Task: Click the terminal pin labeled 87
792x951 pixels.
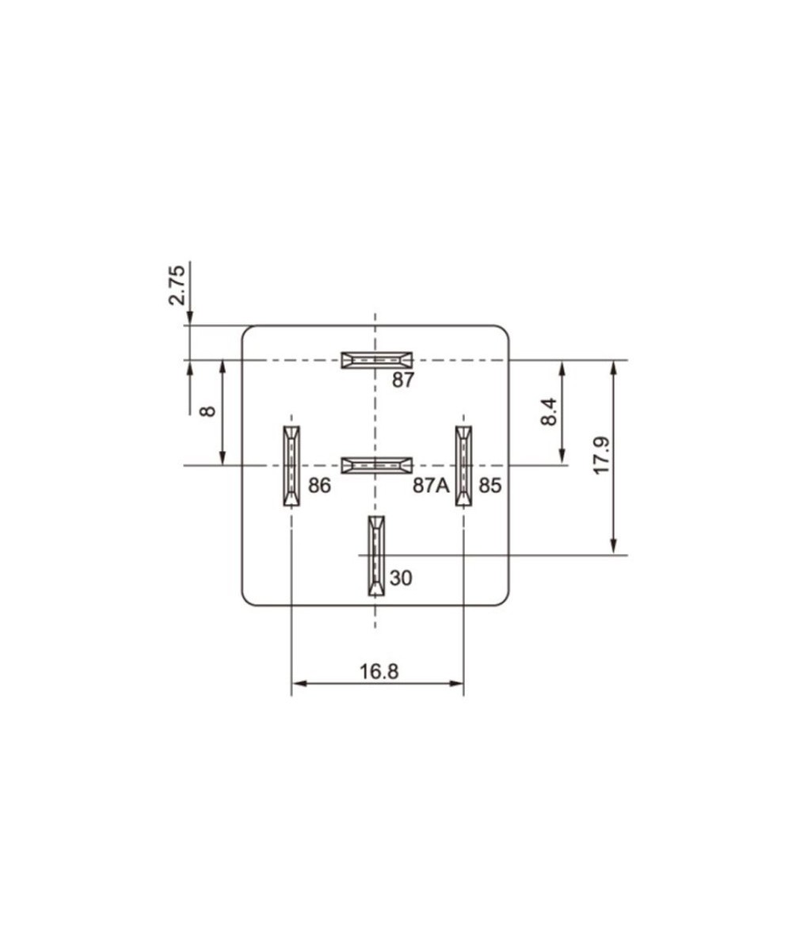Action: point(377,360)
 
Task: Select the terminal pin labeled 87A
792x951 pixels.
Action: point(377,465)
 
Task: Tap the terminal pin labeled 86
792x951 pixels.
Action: point(291,466)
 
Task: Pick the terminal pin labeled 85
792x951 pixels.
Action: point(463,466)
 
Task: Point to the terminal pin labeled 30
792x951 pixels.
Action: point(375,556)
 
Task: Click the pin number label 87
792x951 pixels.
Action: point(403,380)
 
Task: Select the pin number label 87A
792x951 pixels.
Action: point(431,486)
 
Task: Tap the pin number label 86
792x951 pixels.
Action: point(319,486)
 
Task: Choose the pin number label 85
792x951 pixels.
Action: point(490,486)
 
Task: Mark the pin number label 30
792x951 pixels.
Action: point(401,579)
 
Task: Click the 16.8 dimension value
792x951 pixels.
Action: point(379,672)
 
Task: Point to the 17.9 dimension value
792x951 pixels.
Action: point(601,455)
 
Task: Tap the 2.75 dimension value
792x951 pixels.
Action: point(177,285)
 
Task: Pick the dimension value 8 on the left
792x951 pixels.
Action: point(208,411)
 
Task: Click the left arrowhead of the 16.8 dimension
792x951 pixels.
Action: point(298,683)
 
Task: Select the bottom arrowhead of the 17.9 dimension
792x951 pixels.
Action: point(613,548)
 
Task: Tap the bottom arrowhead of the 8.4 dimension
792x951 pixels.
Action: point(562,457)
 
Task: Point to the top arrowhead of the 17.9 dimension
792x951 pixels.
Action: point(613,367)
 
